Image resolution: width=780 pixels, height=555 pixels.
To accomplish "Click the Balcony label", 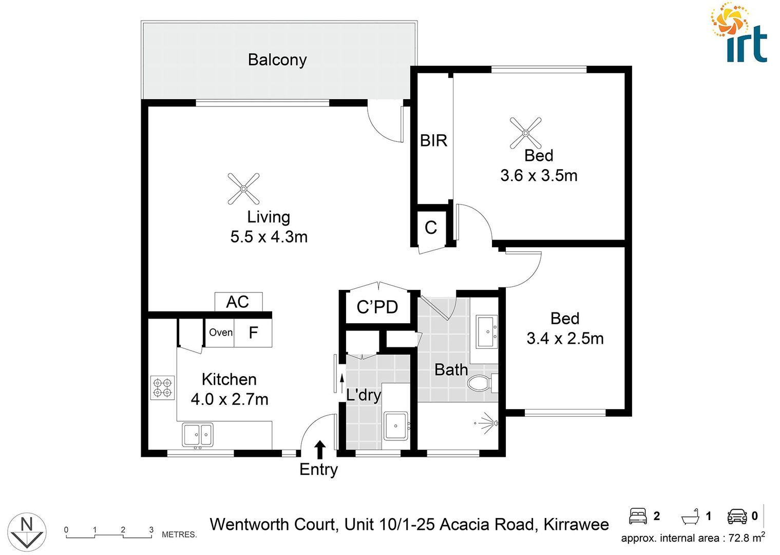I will pos(277,60).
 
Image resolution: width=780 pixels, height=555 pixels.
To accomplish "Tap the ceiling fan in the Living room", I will pos(243,189).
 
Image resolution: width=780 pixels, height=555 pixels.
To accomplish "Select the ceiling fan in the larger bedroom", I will pos(525,133).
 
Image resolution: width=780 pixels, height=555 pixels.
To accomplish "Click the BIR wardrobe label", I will pos(433,140).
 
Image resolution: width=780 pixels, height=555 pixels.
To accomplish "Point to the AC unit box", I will pos(238,302).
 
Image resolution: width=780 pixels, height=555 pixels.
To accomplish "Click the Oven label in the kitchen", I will pos(220,332).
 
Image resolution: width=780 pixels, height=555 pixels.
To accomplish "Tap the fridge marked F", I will pos(253,333).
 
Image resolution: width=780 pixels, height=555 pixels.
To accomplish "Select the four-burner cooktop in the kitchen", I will pos(163,388).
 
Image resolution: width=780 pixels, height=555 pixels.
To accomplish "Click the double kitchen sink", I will pos(198,435).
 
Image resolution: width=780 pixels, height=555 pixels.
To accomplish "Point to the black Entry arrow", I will pos(320,449).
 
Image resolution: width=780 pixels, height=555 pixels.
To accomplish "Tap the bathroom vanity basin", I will pos(485,331).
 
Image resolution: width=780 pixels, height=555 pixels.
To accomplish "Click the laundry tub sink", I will pos(395,425).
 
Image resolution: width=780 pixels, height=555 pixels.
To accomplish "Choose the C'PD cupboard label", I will pos(377,307).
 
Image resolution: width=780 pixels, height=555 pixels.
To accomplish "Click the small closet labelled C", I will pos(431,227).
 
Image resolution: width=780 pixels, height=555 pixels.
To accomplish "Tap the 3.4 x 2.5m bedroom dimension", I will pos(565,338).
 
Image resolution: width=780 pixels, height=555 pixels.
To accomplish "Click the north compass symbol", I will pos(27,532).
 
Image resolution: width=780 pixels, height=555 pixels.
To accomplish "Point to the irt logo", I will pos(739,33).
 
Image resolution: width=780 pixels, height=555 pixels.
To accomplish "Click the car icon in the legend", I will pos(737,516).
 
